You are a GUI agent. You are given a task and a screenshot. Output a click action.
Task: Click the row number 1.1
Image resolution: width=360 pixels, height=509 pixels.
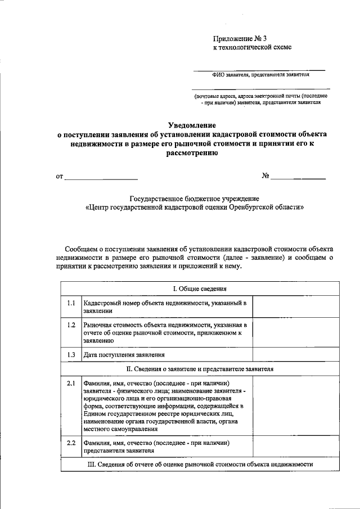point(71,303)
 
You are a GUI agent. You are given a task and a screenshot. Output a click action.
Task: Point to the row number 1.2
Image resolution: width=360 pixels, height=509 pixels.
point(71,325)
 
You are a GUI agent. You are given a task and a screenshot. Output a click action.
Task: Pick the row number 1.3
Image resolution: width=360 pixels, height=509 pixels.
point(71,355)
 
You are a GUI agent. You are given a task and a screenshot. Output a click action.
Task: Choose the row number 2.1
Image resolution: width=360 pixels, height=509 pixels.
point(71,383)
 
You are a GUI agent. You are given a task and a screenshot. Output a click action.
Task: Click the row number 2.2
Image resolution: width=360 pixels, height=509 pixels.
point(71,443)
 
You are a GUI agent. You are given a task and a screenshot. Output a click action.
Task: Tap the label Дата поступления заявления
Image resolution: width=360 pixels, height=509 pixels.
point(124,355)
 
